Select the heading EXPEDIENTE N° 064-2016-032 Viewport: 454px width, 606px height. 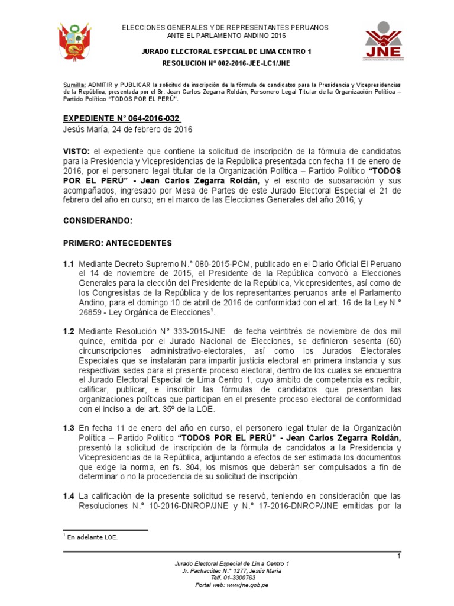[x=121, y=118]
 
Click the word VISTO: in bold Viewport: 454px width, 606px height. [x=76, y=151]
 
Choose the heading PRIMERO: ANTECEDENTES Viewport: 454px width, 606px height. [x=117, y=243]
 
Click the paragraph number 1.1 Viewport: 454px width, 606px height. [x=69, y=264]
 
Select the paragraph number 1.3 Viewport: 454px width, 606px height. [x=69, y=428]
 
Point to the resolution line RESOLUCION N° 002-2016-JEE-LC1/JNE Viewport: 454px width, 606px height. [x=227, y=63]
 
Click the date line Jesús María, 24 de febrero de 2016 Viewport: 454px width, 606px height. [x=127, y=129]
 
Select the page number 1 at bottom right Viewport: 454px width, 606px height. [x=399, y=556]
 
